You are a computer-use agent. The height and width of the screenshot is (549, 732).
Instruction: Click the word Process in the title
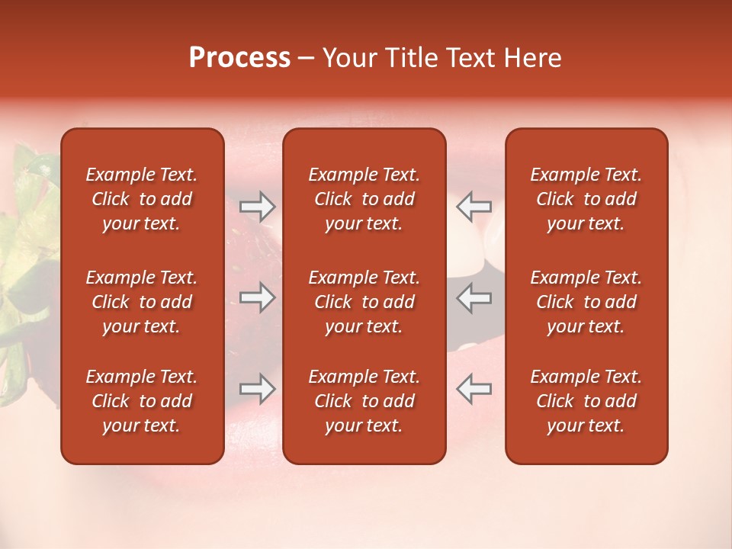pyautogui.click(x=239, y=58)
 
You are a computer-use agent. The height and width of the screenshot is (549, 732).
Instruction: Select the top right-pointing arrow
pyautogui.click(x=258, y=206)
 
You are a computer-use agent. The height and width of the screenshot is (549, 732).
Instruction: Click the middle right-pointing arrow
pyautogui.click(x=258, y=297)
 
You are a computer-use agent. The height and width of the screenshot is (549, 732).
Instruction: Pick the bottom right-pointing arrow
pyautogui.click(x=258, y=388)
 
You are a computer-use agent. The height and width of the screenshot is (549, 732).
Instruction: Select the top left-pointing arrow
pyautogui.click(x=474, y=206)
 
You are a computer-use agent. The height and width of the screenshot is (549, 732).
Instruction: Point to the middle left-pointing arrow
pyautogui.click(x=474, y=297)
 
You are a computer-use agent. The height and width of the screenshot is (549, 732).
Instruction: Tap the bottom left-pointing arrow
pyautogui.click(x=474, y=388)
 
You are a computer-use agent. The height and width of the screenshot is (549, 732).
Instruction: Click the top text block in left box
pyautogui.click(x=142, y=199)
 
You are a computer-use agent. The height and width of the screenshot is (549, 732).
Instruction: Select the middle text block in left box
pyautogui.click(x=142, y=302)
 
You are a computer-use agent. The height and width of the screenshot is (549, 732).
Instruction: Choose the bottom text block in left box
pyautogui.click(x=142, y=401)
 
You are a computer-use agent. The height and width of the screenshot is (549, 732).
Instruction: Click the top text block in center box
pyautogui.click(x=364, y=199)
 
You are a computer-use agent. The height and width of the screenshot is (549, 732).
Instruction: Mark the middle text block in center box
pyautogui.click(x=364, y=302)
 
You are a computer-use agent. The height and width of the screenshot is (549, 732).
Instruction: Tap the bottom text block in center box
pyautogui.click(x=364, y=401)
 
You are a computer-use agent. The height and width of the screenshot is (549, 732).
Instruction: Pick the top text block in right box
pyautogui.click(x=586, y=199)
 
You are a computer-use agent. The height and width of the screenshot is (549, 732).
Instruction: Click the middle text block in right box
pyautogui.click(x=586, y=302)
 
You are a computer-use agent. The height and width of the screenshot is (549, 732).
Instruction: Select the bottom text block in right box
pyautogui.click(x=586, y=401)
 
